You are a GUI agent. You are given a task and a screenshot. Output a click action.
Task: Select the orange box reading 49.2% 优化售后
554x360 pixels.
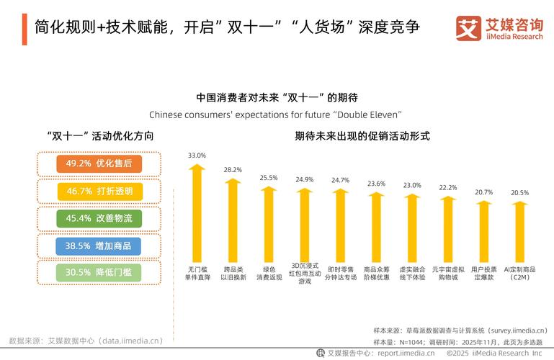[99, 163]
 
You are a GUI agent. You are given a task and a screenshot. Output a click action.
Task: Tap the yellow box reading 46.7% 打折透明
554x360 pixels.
[99, 191]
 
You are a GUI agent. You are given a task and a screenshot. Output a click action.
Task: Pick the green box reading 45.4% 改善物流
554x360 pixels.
[99, 218]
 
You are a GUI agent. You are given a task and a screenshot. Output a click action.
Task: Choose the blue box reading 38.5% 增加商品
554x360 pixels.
[99, 246]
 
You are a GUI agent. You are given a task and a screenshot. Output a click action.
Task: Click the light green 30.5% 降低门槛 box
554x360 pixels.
[99, 272]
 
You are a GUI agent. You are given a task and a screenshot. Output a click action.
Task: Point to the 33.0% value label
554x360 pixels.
[197, 156]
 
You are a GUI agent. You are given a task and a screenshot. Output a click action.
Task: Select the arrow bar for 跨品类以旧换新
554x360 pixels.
[233, 220]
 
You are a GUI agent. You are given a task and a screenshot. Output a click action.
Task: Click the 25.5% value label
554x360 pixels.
[269, 177]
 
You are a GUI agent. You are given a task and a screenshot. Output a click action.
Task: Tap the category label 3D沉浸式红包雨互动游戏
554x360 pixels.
[305, 273]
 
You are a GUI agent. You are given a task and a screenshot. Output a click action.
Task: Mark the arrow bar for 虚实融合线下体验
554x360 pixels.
[412, 227]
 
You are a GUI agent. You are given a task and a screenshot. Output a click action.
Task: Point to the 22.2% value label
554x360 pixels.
[448, 187]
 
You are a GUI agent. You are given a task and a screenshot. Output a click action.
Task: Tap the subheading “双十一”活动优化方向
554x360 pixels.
[99, 135]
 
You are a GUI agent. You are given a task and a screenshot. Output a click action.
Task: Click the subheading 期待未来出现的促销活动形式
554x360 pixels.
[362, 135]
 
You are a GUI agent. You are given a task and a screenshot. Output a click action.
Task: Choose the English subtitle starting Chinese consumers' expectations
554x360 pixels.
[275, 114]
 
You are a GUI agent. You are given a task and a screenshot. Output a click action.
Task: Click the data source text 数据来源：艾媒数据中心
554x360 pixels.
[86, 341]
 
